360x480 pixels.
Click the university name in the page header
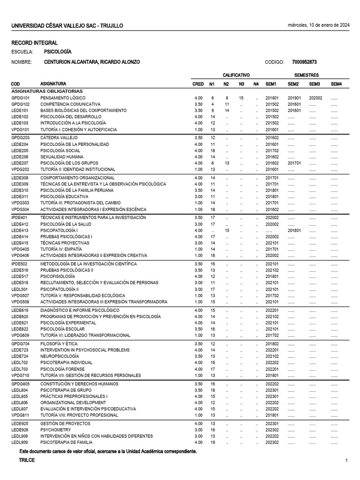(x=67, y=26)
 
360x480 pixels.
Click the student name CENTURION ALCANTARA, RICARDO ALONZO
(x=92, y=62)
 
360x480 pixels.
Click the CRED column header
(x=198, y=84)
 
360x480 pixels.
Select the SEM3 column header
(x=314, y=84)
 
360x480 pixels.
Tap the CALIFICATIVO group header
(x=236, y=75)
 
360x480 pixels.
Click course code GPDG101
(x=21, y=97)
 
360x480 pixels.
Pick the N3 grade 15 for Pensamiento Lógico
(x=241, y=97)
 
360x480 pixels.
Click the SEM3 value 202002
(x=315, y=97)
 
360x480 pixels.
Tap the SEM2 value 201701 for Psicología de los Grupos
(x=294, y=163)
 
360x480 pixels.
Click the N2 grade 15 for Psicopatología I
(x=226, y=231)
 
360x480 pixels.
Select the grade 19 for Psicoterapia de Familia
(x=212, y=442)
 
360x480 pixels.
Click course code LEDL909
(x=20, y=442)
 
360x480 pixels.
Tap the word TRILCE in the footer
(x=27, y=460)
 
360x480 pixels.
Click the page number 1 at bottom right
(x=346, y=461)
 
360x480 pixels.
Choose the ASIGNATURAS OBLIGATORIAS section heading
(x=47, y=91)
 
